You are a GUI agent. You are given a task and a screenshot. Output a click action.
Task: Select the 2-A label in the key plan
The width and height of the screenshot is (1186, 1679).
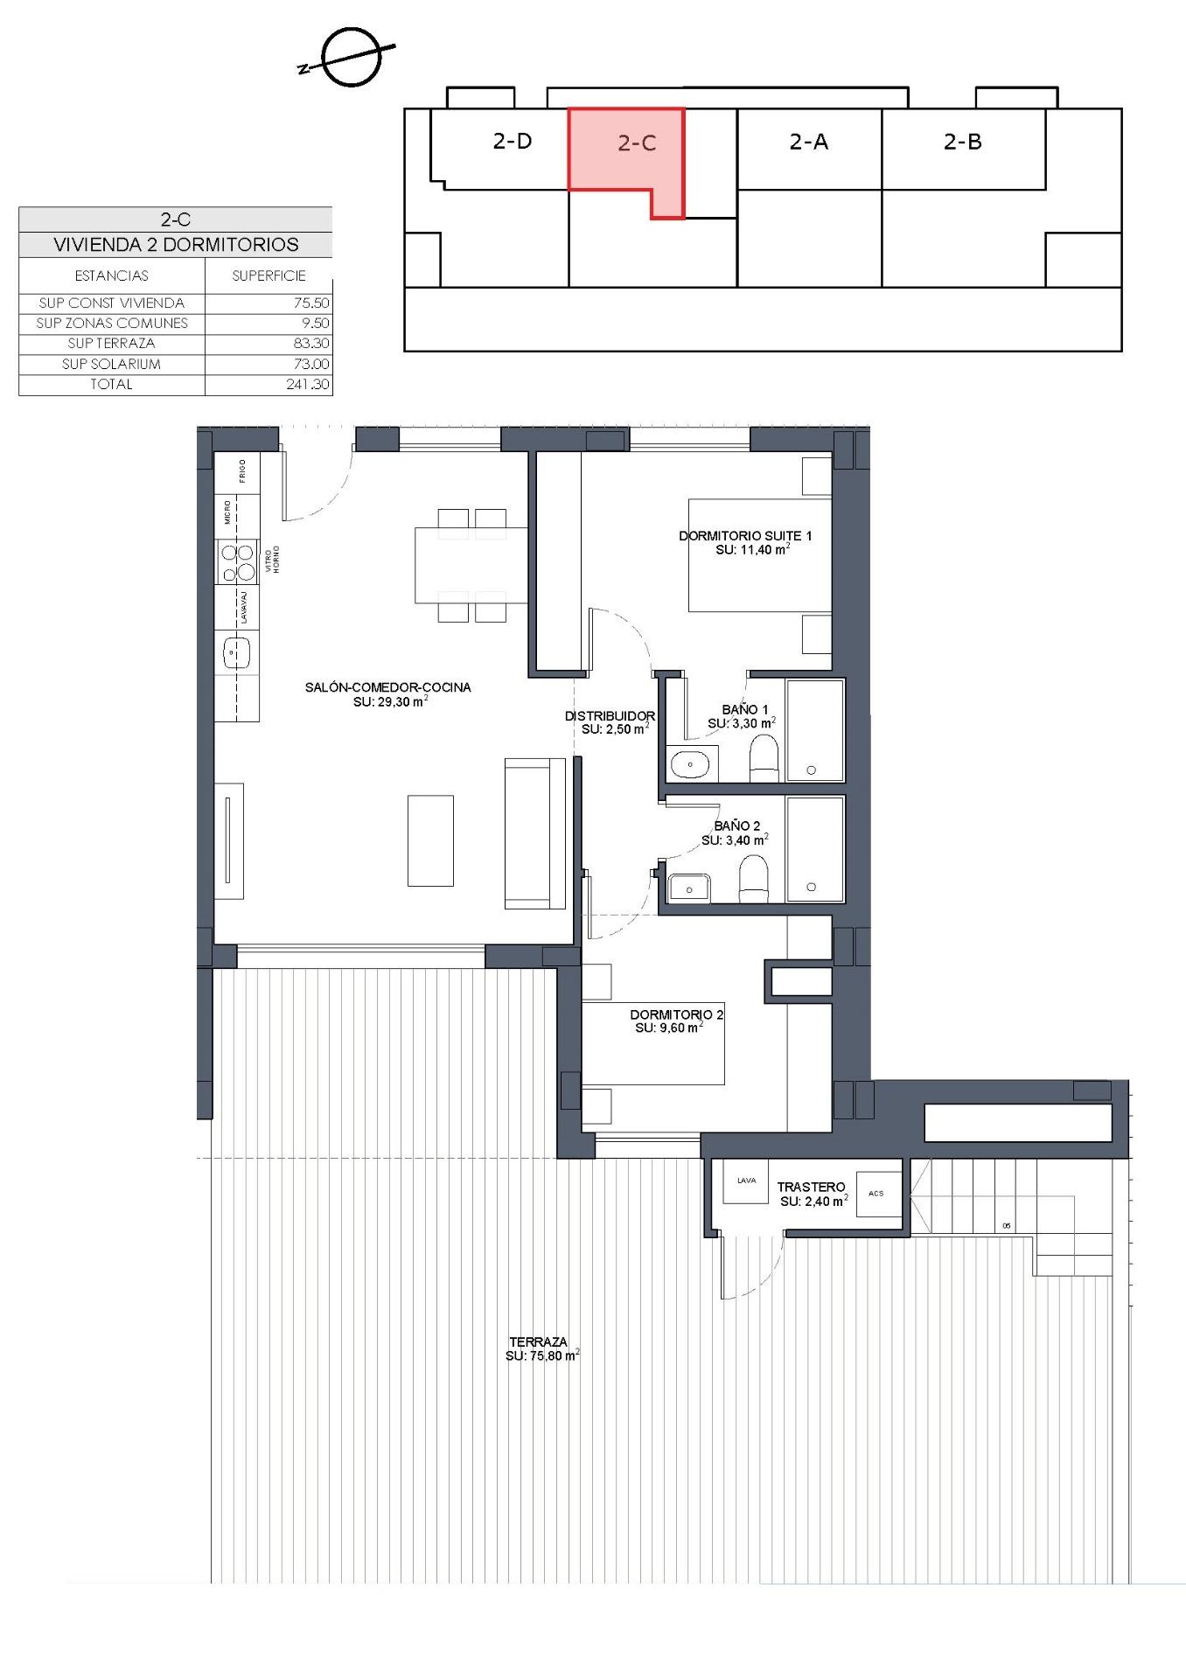point(808,142)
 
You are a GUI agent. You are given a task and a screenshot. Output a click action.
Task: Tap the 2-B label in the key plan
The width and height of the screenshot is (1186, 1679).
point(962,142)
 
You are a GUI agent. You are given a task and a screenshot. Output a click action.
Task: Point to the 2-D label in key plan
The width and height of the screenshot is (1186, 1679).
point(513,141)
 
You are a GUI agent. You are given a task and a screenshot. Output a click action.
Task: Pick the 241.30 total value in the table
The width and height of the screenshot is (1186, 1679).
point(307,384)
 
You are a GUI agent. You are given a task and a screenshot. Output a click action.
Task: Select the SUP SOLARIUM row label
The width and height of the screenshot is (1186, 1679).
point(111,364)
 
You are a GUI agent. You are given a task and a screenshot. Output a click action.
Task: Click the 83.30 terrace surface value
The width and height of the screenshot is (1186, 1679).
point(311,344)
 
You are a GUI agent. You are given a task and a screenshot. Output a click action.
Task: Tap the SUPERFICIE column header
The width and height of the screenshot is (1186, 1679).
point(269,275)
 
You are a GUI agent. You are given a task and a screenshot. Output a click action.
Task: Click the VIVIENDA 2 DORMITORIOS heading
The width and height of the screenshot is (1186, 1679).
point(176,245)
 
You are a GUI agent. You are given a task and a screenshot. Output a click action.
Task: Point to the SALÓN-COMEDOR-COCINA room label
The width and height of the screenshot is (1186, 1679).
point(387,687)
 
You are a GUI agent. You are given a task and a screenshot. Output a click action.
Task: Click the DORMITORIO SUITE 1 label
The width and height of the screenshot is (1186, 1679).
point(745,535)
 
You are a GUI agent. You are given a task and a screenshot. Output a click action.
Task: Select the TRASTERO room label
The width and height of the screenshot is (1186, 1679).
point(811,1187)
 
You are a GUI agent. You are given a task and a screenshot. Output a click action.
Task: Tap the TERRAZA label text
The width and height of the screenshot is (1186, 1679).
point(538,1341)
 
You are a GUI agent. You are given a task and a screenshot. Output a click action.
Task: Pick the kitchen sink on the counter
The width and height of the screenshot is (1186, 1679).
point(237,652)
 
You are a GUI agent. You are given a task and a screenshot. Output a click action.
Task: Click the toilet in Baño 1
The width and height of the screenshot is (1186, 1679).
point(764,758)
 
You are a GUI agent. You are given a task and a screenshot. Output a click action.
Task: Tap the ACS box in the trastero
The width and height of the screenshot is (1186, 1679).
point(877,1194)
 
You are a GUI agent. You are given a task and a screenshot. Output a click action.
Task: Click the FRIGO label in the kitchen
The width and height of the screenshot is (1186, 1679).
point(242,470)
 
